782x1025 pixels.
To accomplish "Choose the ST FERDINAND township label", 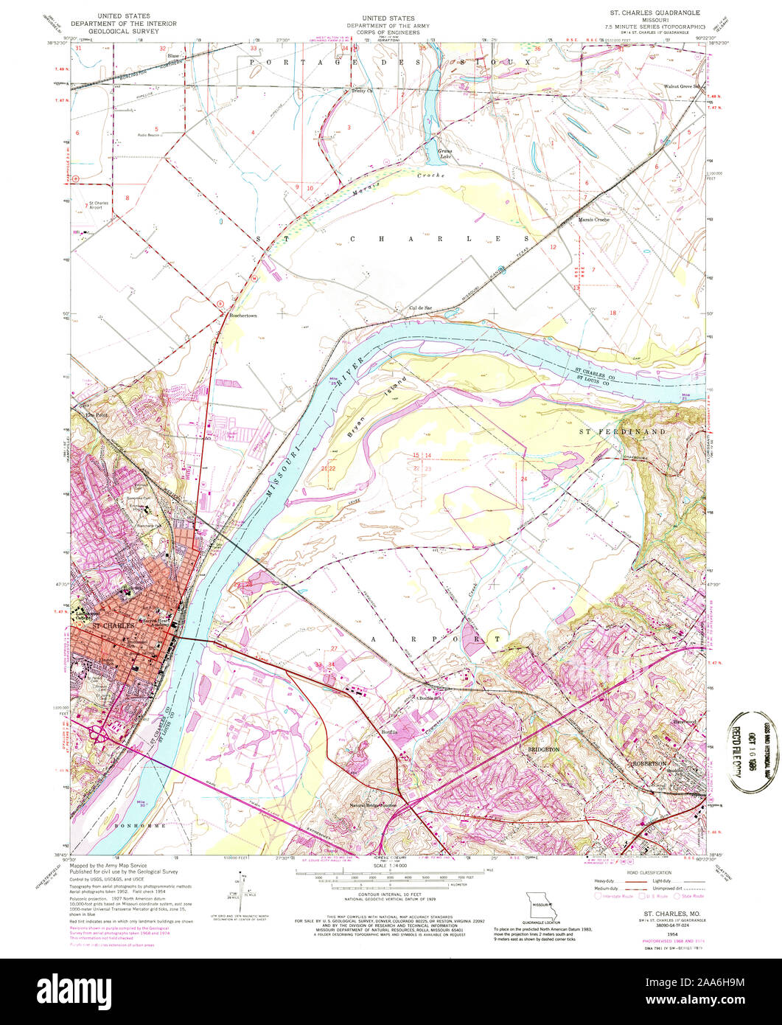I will click(621, 431).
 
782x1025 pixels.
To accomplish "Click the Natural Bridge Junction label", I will click(373, 806).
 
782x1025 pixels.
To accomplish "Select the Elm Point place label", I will click(97, 414).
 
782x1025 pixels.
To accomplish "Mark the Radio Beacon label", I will click(149, 135).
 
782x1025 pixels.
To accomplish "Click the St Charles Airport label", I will click(98, 206).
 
